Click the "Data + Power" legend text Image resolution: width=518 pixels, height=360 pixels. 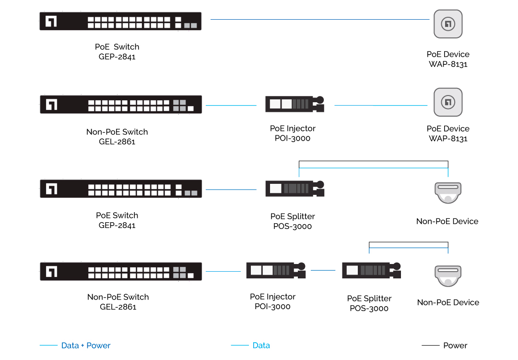point(86,346)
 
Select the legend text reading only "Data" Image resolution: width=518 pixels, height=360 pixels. point(261,346)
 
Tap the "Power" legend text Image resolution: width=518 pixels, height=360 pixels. point(455,346)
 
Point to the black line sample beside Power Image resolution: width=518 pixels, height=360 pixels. point(430,345)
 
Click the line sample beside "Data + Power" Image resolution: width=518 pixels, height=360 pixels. point(48,345)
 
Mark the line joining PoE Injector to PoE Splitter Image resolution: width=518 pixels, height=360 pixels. point(323,270)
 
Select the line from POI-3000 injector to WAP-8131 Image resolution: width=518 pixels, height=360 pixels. point(380,105)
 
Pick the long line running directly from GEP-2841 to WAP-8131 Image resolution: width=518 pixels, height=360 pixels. point(319,20)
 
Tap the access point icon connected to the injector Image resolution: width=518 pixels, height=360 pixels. point(448,102)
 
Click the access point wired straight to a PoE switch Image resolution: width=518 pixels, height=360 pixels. point(448,24)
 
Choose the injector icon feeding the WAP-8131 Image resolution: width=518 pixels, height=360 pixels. point(294,104)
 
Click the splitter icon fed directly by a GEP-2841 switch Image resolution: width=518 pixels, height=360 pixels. point(294,188)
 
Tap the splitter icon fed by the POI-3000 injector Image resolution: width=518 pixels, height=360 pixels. point(371,270)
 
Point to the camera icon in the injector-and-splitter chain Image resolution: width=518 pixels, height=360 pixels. point(448,276)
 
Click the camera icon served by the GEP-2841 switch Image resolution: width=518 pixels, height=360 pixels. point(448,192)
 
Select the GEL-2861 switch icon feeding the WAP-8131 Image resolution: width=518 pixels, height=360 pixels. point(120,105)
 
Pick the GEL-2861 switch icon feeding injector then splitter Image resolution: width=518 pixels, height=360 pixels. point(120,271)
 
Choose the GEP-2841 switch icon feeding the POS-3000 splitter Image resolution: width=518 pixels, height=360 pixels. point(120,189)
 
